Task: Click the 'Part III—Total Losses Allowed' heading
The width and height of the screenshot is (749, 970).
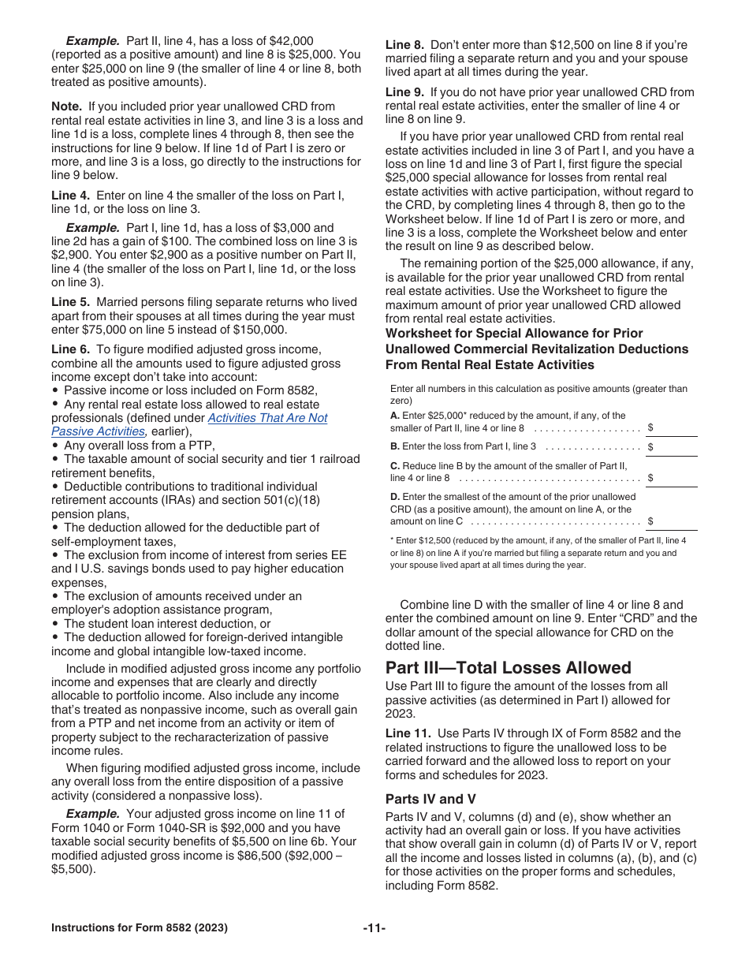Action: (x=509, y=668)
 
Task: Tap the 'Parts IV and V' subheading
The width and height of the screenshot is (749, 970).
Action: (x=430, y=798)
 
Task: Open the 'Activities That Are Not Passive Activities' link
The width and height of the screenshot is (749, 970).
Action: (x=267, y=418)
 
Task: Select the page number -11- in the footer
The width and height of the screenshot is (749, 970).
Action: (x=374, y=928)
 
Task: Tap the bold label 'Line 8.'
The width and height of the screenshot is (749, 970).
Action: (x=404, y=45)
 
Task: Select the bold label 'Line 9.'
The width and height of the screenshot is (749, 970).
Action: (x=404, y=92)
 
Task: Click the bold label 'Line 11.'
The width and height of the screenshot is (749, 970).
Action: (x=408, y=733)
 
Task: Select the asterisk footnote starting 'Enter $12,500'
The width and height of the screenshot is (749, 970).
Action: (x=538, y=552)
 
